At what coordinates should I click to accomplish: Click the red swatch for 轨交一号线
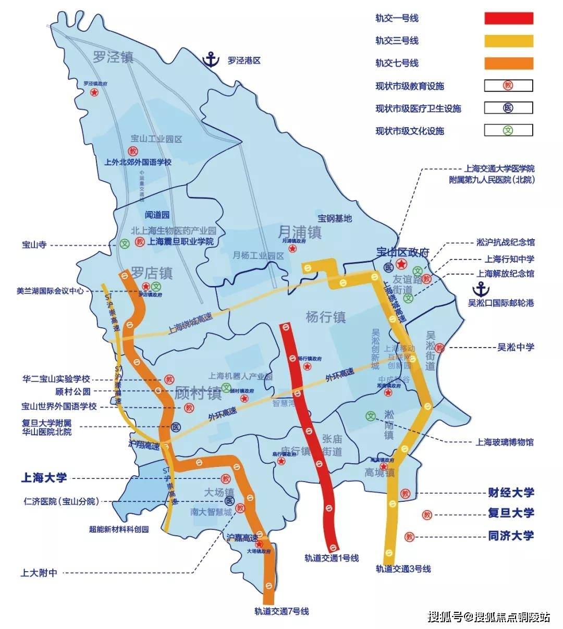click(x=509, y=18)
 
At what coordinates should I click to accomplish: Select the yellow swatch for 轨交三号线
click(x=509, y=41)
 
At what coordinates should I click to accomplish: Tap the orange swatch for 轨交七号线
click(x=509, y=63)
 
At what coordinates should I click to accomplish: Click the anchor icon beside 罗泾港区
click(x=211, y=59)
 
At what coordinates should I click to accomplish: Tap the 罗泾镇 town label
click(x=113, y=57)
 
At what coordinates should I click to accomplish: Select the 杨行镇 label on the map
click(x=326, y=316)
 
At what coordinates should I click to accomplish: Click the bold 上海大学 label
click(x=44, y=477)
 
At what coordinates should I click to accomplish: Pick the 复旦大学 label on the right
click(x=511, y=513)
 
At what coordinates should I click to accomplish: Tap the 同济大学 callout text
click(x=511, y=536)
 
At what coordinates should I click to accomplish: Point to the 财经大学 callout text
click(x=511, y=492)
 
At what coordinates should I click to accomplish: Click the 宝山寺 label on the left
click(x=34, y=245)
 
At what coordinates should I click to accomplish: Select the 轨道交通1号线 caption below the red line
click(x=332, y=558)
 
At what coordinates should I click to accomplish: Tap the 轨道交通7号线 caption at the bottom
click(x=281, y=611)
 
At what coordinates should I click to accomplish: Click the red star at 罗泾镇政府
click(x=94, y=92)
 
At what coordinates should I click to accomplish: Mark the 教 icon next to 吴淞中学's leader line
click(x=440, y=348)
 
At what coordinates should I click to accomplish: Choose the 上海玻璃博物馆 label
click(x=504, y=442)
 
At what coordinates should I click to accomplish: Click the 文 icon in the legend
click(x=508, y=130)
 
